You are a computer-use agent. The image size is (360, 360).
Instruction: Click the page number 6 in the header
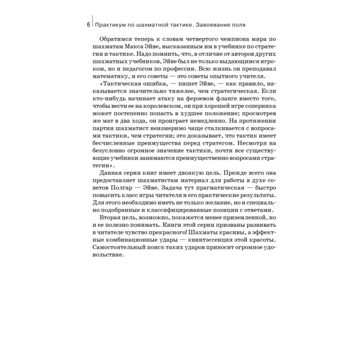89,25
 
